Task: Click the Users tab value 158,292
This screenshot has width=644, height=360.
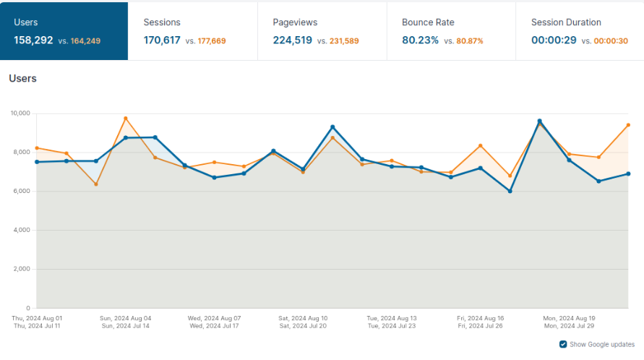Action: (33, 40)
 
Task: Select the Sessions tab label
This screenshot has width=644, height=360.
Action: (162, 22)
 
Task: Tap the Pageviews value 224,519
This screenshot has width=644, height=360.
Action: (291, 40)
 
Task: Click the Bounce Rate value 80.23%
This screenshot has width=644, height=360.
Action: (420, 40)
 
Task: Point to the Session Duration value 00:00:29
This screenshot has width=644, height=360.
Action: (554, 40)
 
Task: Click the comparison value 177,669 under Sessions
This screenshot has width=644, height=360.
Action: (210, 41)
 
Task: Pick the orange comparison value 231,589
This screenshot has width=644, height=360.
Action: (340, 41)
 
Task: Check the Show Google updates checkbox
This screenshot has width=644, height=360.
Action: (564, 344)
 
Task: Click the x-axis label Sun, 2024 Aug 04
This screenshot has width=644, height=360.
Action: (126, 318)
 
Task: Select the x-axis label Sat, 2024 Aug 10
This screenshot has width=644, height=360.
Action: (303, 318)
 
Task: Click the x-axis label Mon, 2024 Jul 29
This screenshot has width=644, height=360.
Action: (570, 326)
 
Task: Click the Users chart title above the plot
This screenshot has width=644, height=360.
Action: (22, 78)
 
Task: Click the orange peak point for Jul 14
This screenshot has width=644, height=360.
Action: (126, 118)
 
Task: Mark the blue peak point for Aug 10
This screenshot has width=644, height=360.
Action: (332, 127)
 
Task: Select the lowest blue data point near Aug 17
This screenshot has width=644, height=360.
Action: (510, 192)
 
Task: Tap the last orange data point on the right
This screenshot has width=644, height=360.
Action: (628, 125)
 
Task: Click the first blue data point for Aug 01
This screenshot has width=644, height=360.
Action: (37, 162)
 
